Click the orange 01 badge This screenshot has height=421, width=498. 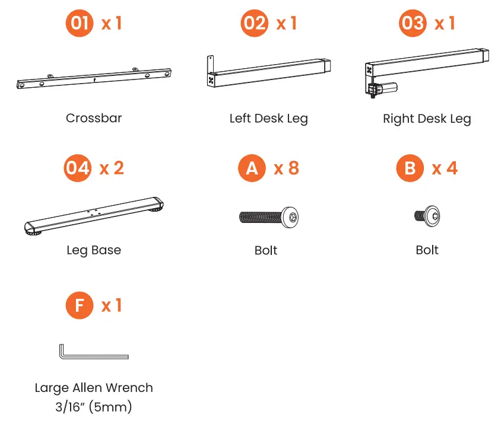tap(80, 23)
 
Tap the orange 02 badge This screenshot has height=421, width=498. tap(254, 23)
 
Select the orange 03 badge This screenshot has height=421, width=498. tap(413, 23)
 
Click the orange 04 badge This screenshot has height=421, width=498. tap(78, 168)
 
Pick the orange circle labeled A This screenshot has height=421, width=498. tap(252, 168)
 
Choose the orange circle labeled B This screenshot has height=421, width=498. tap(410, 168)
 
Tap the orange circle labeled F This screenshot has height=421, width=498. tap(80, 305)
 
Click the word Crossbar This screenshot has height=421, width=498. tap(94, 118)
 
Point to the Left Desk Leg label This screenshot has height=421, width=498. tap(269, 119)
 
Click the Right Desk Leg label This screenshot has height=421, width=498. tap(427, 119)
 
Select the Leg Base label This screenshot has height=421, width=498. tap(94, 250)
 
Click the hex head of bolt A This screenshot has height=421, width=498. tap(290, 218)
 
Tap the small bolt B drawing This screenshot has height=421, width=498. tap(427, 216)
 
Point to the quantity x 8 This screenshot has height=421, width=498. tap(287, 168)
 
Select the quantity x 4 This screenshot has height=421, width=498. tap(445, 168)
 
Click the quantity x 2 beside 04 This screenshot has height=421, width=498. tap(112, 168)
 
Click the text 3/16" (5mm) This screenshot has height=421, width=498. tap(94, 407)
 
